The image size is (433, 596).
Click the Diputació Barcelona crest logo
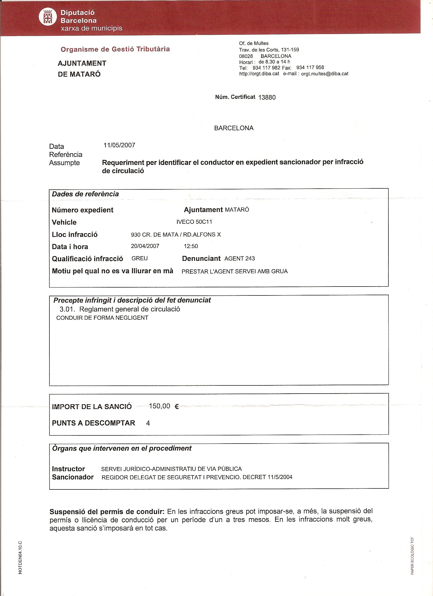click(48, 17)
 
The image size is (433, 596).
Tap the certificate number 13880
click(267, 97)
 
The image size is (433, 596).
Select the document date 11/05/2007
click(119, 145)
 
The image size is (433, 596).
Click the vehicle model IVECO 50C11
click(194, 222)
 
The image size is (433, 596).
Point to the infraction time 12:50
click(191, 246)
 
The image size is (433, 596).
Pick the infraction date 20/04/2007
click(145, 246)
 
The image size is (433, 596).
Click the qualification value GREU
click(139, 258)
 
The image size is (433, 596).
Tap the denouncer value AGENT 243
click(239, 258)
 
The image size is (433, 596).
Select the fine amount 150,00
click(159, 406)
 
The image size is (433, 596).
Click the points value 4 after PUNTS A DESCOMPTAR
click(148, 423)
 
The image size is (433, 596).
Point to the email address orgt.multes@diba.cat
click(324, 74)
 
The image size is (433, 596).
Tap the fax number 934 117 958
click(310, 68)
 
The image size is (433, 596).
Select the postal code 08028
click(246, 56)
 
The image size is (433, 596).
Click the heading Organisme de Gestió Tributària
click(115, 49)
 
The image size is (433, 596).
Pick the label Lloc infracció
click(75, 235)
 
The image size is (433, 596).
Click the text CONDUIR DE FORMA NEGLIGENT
click(102, 318)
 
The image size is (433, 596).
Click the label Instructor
click(68, 469)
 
